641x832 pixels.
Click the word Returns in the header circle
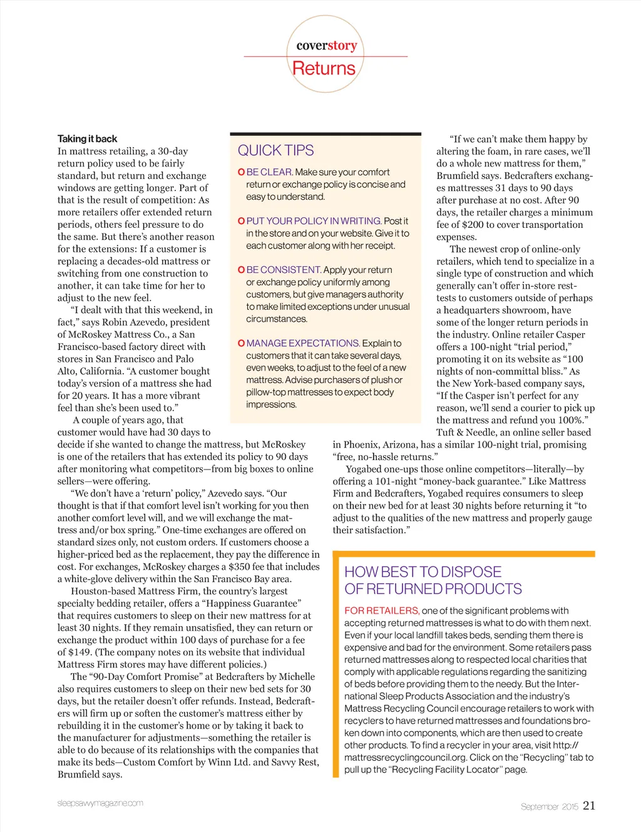[x=324, y=68]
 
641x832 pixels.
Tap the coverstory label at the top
[x=326, y=45]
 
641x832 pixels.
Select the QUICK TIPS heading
[x=275, y=150]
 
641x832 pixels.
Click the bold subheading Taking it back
[x=87, y=139]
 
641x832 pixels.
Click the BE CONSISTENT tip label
[x=284, y=270]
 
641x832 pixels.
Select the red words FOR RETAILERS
[x=381, y=610]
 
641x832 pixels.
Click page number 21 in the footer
[x=589, y=806]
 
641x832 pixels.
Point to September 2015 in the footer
[x=549, y=807]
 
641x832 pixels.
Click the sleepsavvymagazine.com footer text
[x=100, y=803]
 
